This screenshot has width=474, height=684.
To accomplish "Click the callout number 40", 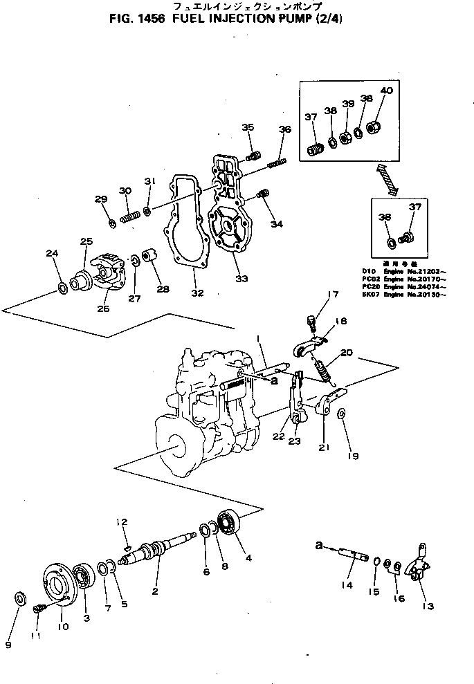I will (386, 91).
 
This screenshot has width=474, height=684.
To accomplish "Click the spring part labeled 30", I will (129, 219).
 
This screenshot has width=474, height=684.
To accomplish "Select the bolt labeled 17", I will (311, 321).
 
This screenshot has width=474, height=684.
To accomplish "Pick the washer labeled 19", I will (342, 414).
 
